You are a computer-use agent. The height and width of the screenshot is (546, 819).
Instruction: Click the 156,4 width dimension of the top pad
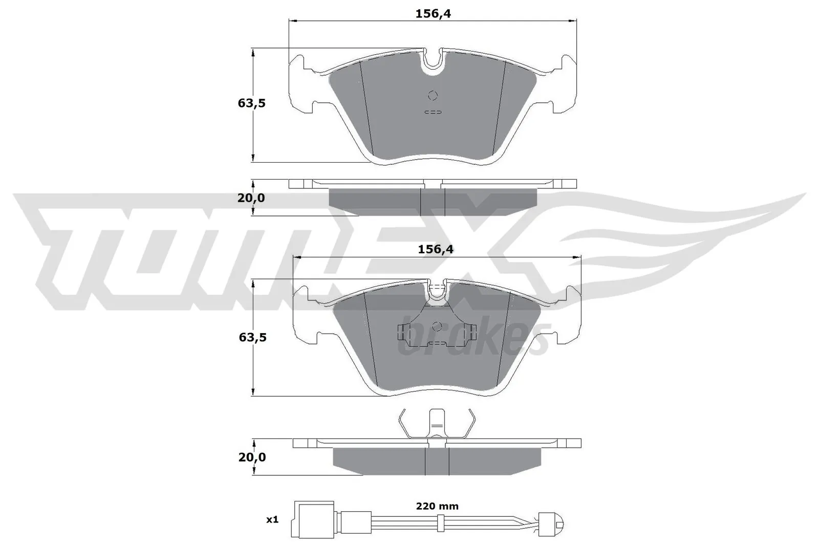click(433, 14)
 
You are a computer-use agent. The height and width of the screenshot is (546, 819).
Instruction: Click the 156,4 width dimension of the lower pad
click(436, 249)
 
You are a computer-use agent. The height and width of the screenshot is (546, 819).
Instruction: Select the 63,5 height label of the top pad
click(251, 103)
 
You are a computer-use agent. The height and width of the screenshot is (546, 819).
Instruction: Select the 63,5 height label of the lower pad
click(252, 337)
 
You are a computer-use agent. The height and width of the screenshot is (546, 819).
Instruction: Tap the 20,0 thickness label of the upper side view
click(251, 198)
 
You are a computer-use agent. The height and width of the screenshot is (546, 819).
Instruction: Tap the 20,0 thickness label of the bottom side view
click(252, 457)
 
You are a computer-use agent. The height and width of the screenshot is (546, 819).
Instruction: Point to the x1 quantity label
click(272, 519)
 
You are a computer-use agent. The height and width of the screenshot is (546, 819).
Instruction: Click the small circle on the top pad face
click(433, 95)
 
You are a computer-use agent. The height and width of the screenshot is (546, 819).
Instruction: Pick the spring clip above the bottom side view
click(437, 425)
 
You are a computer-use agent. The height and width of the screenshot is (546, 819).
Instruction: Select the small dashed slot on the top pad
click(433, 112)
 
